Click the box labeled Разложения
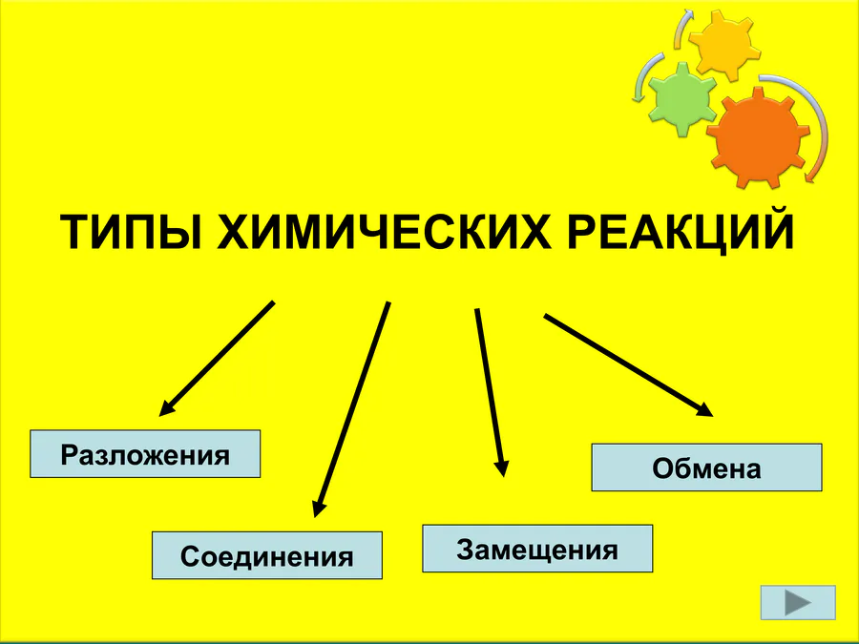[146, 453]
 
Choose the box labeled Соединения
[267, 555]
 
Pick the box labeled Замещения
[537, 549]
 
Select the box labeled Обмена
[706, 467]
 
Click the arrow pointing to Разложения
[218, 358]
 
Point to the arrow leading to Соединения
[351, 410]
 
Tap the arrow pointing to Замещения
[489, 386]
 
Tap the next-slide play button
[799, 603]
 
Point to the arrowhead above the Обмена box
[704, 409]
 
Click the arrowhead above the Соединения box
[319, 507]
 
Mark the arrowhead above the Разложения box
[166, 409]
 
